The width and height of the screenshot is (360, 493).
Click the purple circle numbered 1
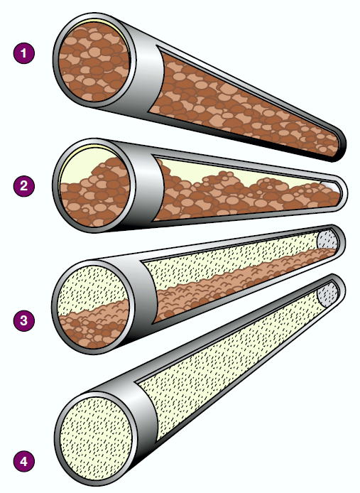[24, 53]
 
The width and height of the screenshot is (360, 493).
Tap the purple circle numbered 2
[24, 186]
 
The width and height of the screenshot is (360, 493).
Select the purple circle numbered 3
[24, 320]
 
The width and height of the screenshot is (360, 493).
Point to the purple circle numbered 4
[24, 461]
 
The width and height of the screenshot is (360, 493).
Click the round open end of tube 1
[94, 62]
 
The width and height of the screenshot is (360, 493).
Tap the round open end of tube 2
[94, 187]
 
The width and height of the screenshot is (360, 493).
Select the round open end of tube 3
[94, 307]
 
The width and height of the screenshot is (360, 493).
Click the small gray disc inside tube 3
[327, 240]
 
